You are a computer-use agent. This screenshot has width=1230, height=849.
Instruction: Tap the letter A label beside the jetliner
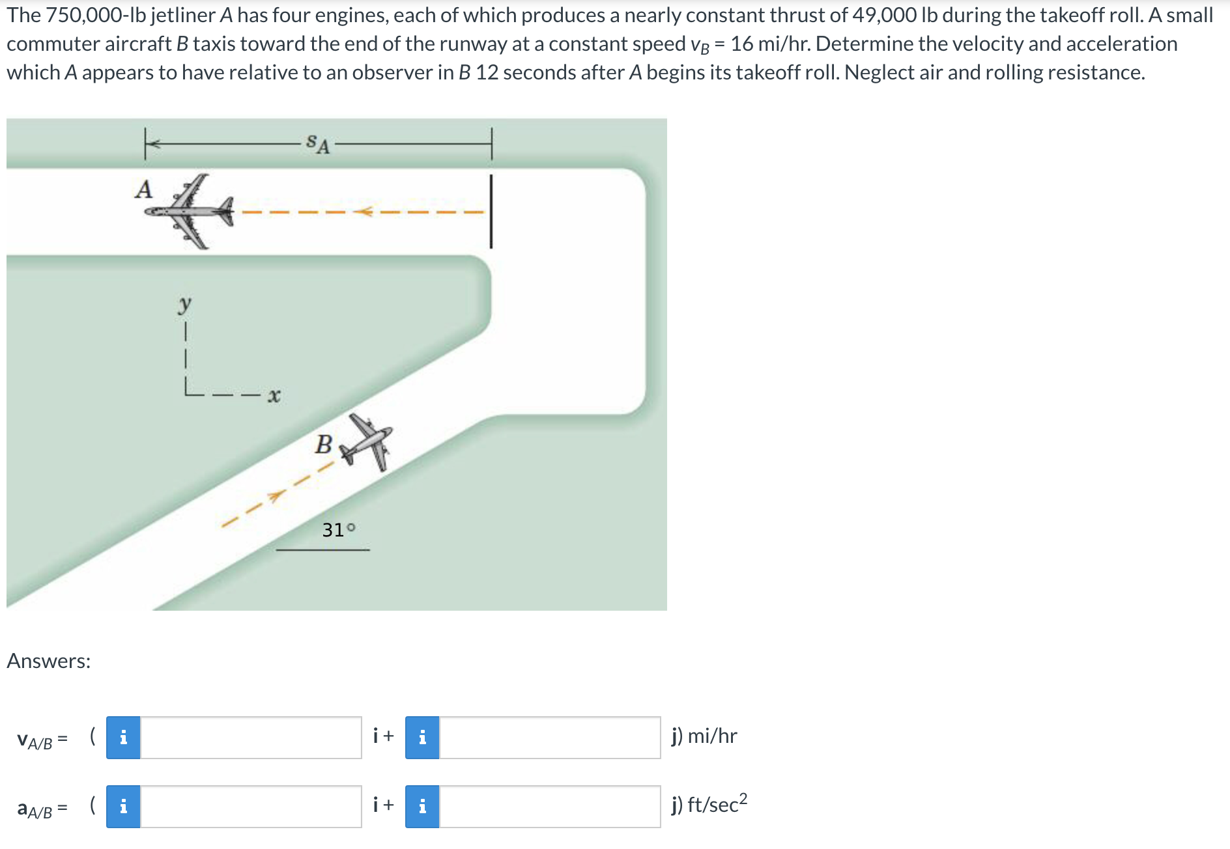[x=143, y=190]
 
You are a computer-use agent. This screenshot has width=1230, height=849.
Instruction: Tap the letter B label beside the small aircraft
[x=323, y=445]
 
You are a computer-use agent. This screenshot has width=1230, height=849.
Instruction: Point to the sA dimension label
[x=317, y=143]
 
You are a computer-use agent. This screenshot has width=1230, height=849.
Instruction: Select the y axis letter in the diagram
[x=185, y=304]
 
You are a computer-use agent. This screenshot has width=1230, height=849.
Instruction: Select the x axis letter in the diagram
[x=274, y=395]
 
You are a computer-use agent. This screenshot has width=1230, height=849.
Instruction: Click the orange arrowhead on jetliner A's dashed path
[x=364, y=212]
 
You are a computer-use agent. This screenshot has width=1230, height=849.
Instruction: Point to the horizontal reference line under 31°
[x=322, y=550]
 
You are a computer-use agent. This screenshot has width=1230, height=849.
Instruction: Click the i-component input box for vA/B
[x=251, y=738]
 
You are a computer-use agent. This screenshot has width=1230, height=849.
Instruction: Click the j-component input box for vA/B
[x=550, y=738]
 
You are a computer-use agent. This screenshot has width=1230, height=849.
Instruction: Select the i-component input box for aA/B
[x=251, y=807]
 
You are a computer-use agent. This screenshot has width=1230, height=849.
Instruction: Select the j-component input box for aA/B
[x=550, y=807]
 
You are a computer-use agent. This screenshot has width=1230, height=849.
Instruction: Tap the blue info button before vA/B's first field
[x=123, y=738]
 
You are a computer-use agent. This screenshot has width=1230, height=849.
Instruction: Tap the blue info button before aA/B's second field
[x=422, y=807]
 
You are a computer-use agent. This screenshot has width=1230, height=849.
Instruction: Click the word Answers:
[x=49, y=661]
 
